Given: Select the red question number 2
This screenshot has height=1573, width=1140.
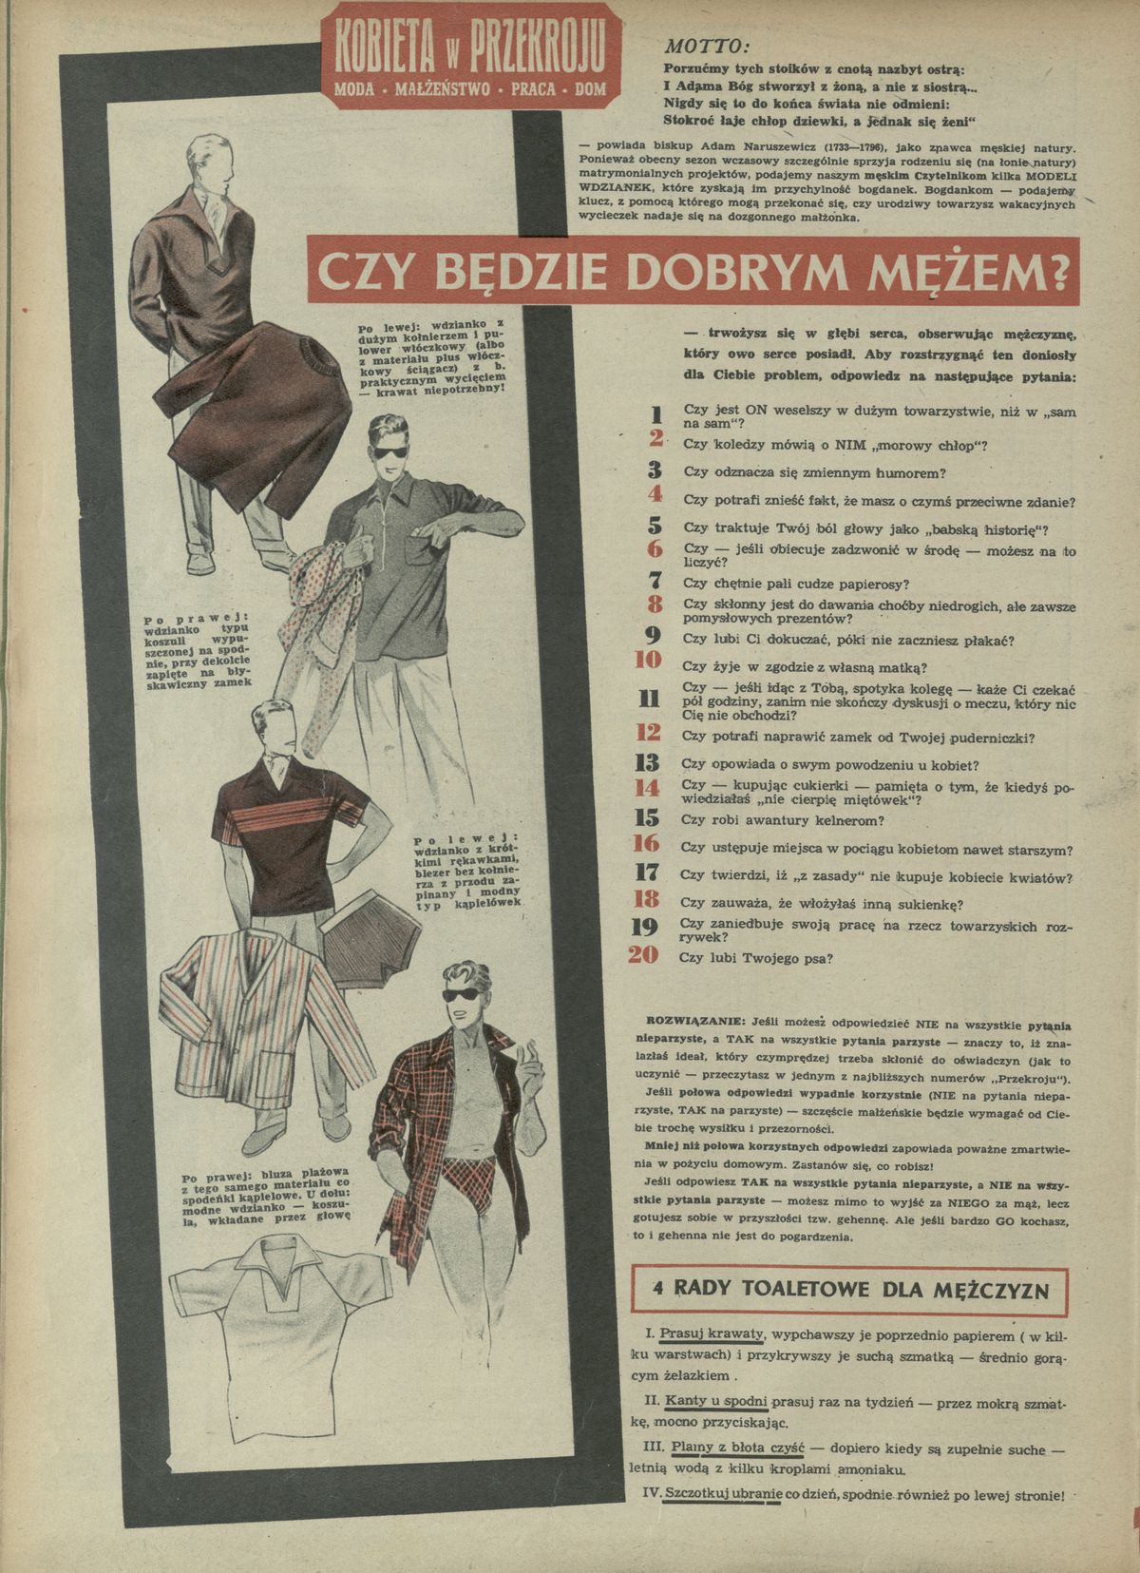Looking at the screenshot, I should (655, 440).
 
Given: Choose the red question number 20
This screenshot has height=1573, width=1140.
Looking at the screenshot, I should (645, 955).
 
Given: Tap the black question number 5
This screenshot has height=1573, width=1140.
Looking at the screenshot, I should (655, 526).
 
